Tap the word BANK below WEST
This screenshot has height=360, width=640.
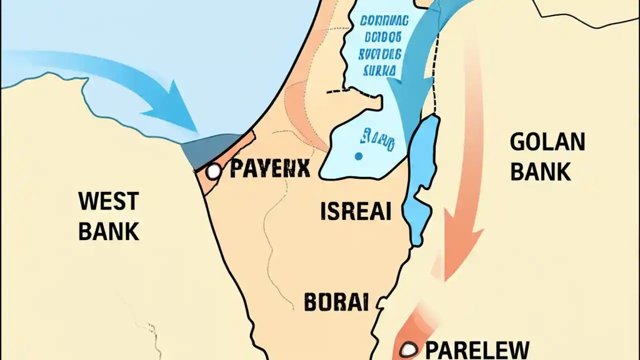[x=108, y=231]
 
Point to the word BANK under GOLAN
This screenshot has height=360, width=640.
[x=540, y=171]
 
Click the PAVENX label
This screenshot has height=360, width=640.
[x=270, y=169]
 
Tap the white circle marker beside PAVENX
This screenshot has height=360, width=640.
[x=214, y=171]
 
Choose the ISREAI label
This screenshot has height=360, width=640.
[x=355, y=212]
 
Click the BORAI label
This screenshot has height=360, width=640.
[x=336, y=302]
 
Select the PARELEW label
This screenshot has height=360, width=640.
[x=477, y=349]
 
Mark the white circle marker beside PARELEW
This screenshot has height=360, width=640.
[x=409, y=349]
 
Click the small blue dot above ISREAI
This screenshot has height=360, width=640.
[x=358, y=156]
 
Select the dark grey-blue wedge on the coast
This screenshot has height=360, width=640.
[x=210, y=149]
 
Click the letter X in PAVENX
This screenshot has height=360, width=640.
[x=303, y=169]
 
